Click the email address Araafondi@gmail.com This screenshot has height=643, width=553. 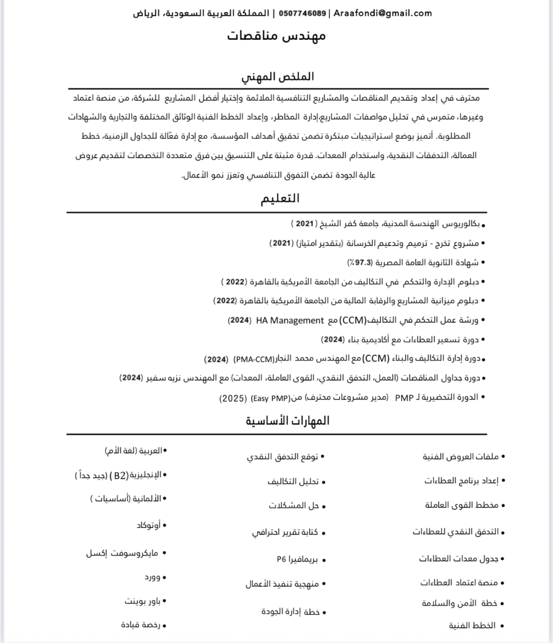pyautogui.click(x=382, y=13)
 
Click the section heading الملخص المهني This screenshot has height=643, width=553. pyautogui.click(x=278, y=76)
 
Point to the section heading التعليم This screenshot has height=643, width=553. pyautogui.click(x=280, y=198)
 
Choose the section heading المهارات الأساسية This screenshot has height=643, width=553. pyautogui.click(x=288, y=421)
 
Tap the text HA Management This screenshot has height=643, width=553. pyautogui.click(x=290, y=320)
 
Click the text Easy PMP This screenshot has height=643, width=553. pyautogui.click(x=270, y=398)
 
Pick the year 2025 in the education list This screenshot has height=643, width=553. pyautogui.click(x=231, y=398)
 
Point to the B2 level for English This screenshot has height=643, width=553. pyautogui.click(x=118, y=475)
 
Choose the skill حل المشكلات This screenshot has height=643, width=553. pyautogui.click(x=294, y=506)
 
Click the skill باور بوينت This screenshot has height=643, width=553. pyautogui.click(x=141, y=600)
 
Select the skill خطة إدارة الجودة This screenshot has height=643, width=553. pyautogui.click(x=290, y=612)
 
